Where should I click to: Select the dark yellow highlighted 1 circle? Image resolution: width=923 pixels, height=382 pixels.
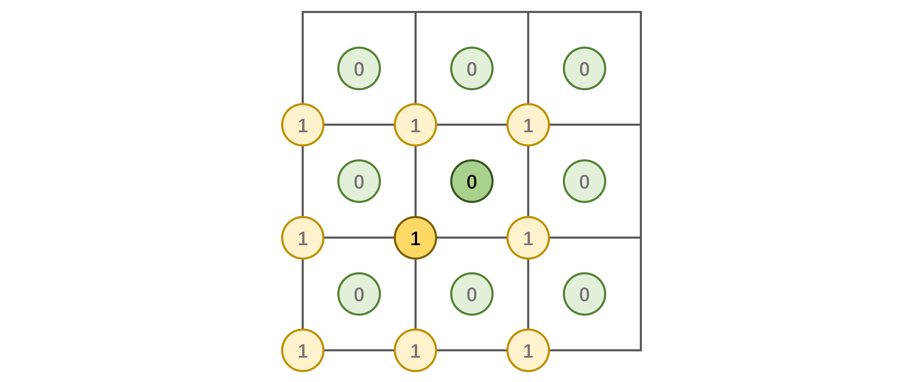415,238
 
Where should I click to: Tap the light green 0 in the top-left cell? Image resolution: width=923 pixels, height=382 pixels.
359,68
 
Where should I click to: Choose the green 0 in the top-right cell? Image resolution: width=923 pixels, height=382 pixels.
584,68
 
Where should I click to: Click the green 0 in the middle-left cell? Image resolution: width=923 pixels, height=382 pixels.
359,181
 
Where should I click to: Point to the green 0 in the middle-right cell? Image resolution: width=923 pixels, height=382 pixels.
584,181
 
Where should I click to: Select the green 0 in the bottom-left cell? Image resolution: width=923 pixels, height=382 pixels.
359,294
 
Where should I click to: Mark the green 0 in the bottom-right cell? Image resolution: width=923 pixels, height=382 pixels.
584,294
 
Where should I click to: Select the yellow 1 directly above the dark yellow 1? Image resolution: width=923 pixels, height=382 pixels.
415,125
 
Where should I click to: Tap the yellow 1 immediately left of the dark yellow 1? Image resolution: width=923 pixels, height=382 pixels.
303,238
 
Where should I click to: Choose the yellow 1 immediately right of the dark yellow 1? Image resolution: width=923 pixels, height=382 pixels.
528,238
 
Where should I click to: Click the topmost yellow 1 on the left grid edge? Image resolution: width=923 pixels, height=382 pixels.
303,125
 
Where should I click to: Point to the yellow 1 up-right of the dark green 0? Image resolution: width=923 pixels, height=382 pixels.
528,125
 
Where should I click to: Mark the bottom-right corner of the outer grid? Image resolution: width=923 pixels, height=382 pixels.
641,350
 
